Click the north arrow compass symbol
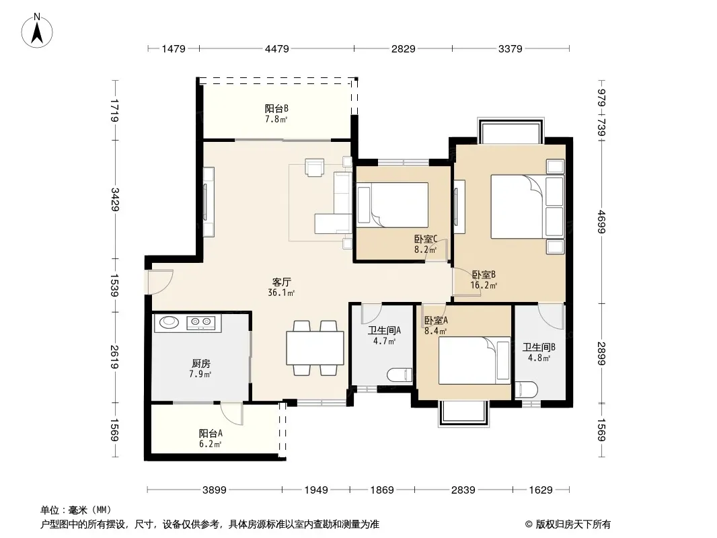[x=37, y=31]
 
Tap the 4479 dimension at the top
[x=276, y=48]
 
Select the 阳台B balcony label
[x=276, y=108]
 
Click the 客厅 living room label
[x=281, y=282]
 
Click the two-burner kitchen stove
[x=201, y=323]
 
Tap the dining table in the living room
[x=315, y=348]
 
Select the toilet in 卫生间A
[x=400, y=375]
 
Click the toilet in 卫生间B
[x=527, y=389]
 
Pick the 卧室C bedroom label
[x=426, y=239]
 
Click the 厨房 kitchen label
[x=200, y=363]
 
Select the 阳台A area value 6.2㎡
[x=211, y=444]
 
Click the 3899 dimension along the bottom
[x=215, y=490]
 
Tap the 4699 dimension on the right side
[x=601, y=222]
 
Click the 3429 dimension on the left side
[x=115, y=200]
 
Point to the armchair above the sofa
[x=315, y=167]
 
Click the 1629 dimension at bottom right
[x=541, y=490]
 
